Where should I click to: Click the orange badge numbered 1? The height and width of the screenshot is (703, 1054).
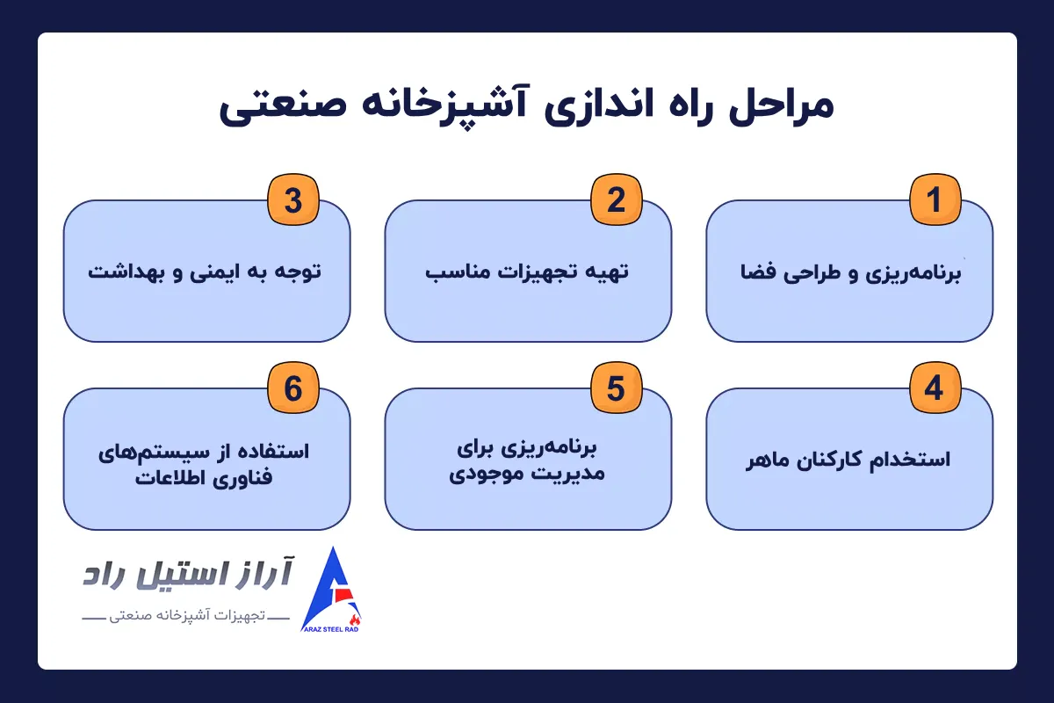tap(935, 200)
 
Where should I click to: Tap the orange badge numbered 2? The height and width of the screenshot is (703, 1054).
tap(616, 200)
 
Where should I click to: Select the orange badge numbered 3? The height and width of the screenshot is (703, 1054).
tap(293, 200)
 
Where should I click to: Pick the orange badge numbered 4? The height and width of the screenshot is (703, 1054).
tap(935, 388)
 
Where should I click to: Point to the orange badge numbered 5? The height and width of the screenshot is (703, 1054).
tap(616, 388)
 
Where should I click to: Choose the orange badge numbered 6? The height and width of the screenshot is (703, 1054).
tap(293, 388)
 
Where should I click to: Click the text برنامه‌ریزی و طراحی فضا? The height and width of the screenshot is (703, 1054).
tap(849, 272)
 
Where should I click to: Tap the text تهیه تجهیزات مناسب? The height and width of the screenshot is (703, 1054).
tap(528, 272)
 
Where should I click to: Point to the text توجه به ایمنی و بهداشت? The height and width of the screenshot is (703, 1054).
tap(206, 272)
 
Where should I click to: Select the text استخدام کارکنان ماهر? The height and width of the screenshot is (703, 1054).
tap(849, 460)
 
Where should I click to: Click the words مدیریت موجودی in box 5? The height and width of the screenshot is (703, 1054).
tap(527, 475)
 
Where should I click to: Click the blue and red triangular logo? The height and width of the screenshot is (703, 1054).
tap(336, 584)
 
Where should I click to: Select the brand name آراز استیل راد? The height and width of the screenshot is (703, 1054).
tap(188, 576)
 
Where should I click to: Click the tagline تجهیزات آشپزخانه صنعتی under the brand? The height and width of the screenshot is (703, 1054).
tap(184, 620)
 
